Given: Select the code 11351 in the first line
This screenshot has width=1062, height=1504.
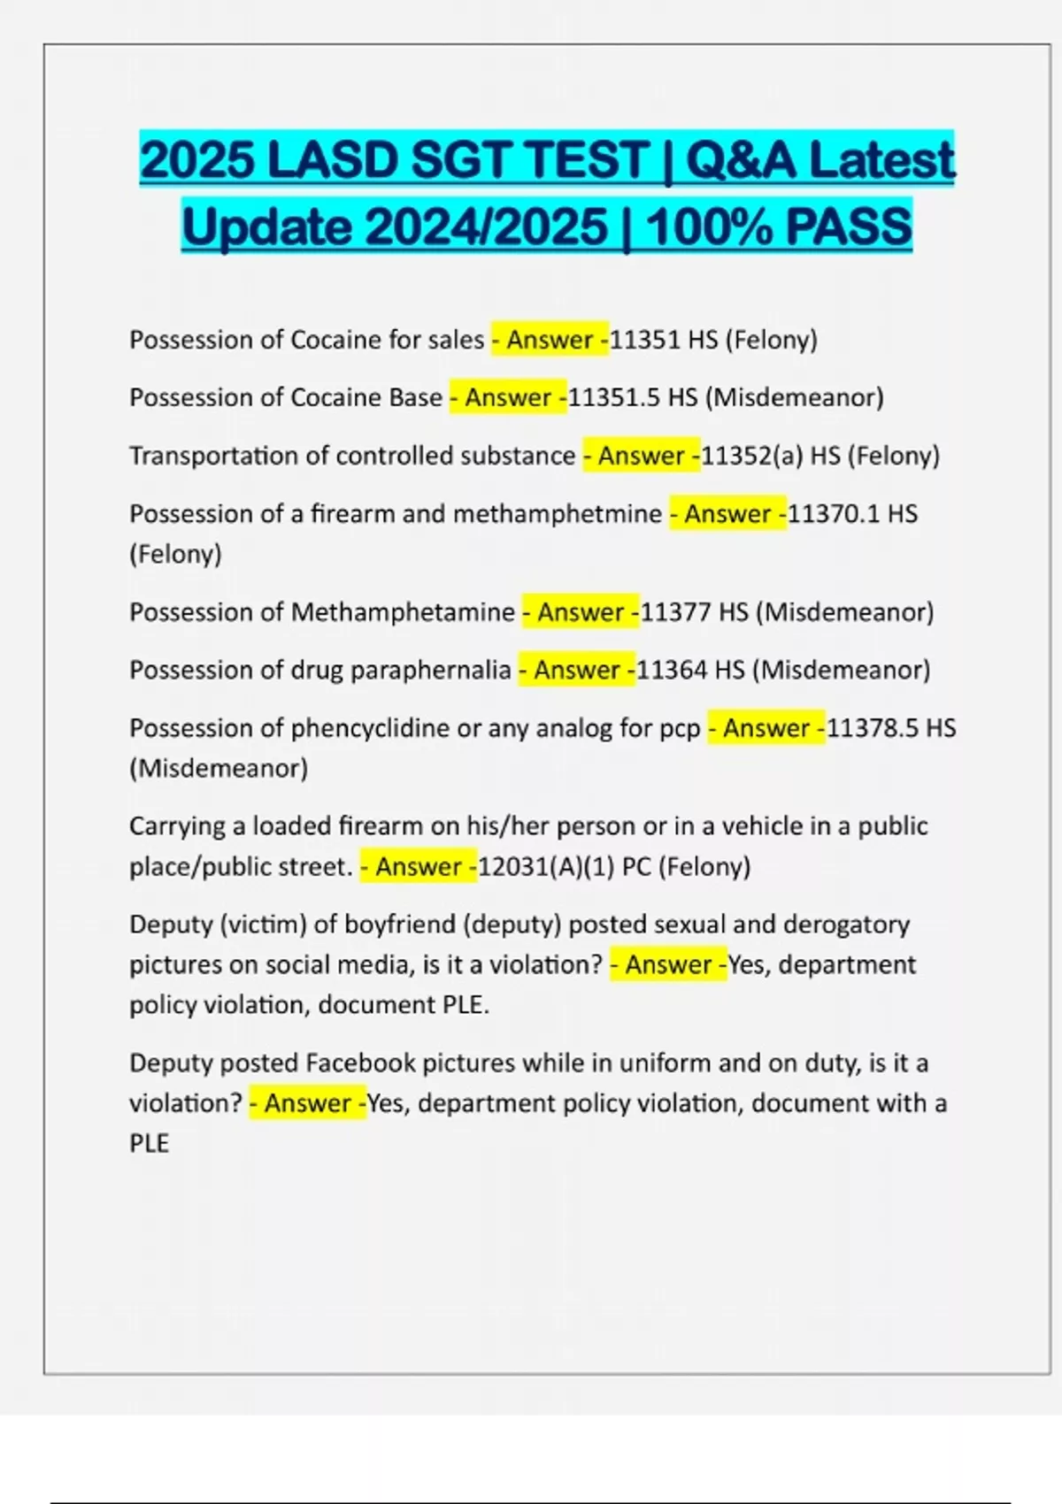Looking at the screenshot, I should (x=645, y=340).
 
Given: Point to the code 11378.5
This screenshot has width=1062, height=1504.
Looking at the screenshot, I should (x=872, y=728).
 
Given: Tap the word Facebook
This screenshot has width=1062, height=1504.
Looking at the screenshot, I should (x=360, y=1063).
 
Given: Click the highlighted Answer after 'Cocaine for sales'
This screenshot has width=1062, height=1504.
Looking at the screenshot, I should (x=550, y=340).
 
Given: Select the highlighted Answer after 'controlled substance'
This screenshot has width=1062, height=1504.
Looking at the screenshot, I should (x=641, y=456).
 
